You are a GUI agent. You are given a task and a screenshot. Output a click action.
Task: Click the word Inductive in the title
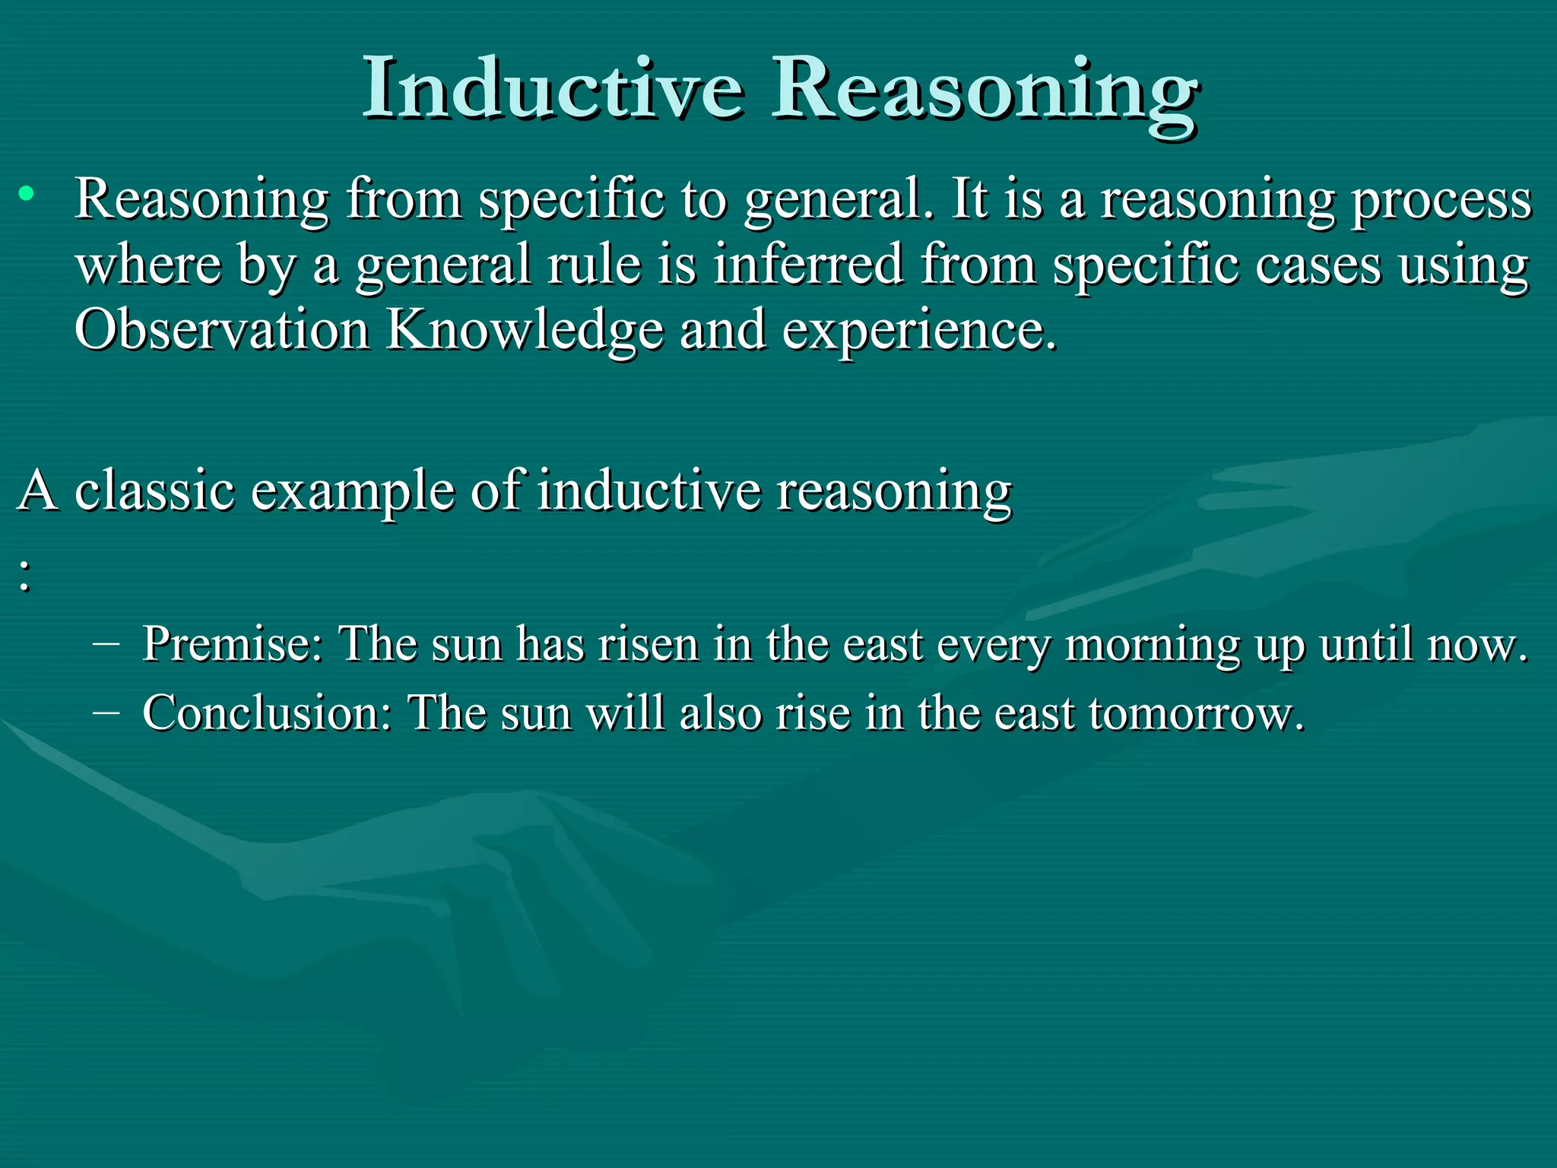click(553, 90)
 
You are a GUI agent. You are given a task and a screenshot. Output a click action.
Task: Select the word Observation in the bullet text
click(221, 330)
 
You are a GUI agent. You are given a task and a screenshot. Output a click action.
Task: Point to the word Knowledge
click(525, 332)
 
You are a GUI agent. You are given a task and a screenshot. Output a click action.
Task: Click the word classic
click(154, 490)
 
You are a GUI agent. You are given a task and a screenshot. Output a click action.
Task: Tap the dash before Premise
click(106, 643)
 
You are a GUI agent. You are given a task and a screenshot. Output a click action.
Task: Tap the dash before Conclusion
click(106, 713)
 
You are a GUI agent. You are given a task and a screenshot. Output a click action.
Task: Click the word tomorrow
click(1195, 714)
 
